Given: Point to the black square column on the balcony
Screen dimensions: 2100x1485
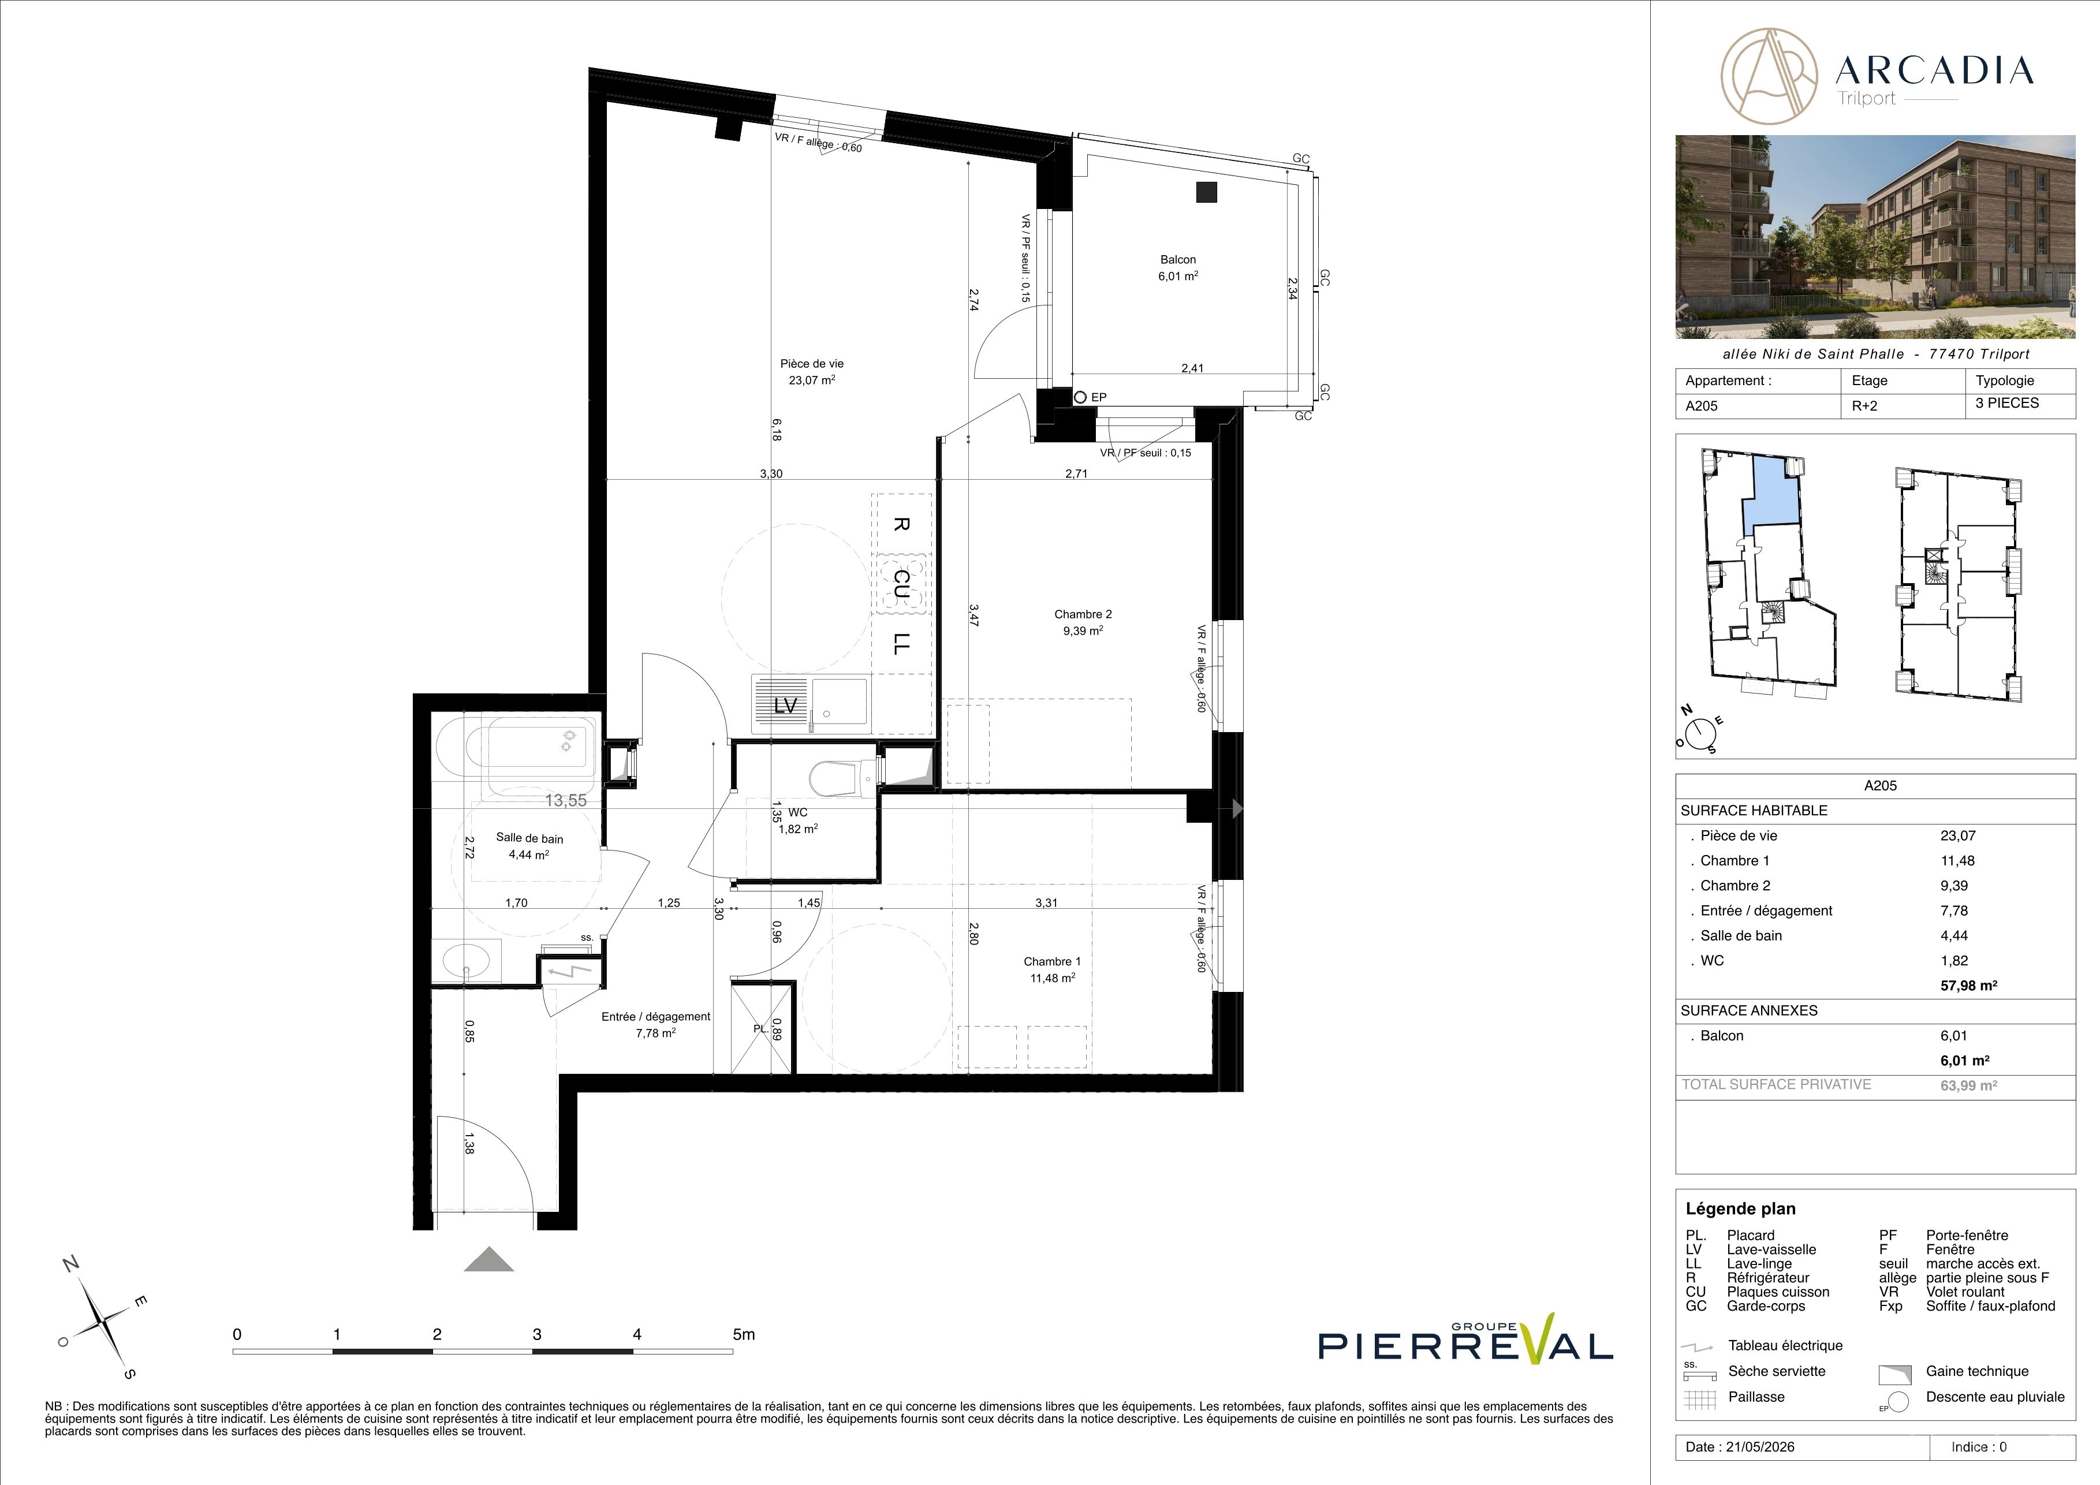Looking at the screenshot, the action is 1207,192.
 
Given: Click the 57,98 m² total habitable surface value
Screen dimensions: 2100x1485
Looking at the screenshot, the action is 1968,986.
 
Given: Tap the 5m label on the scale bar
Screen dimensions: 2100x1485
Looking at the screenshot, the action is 744,1334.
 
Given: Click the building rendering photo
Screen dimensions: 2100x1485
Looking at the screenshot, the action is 1875,237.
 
